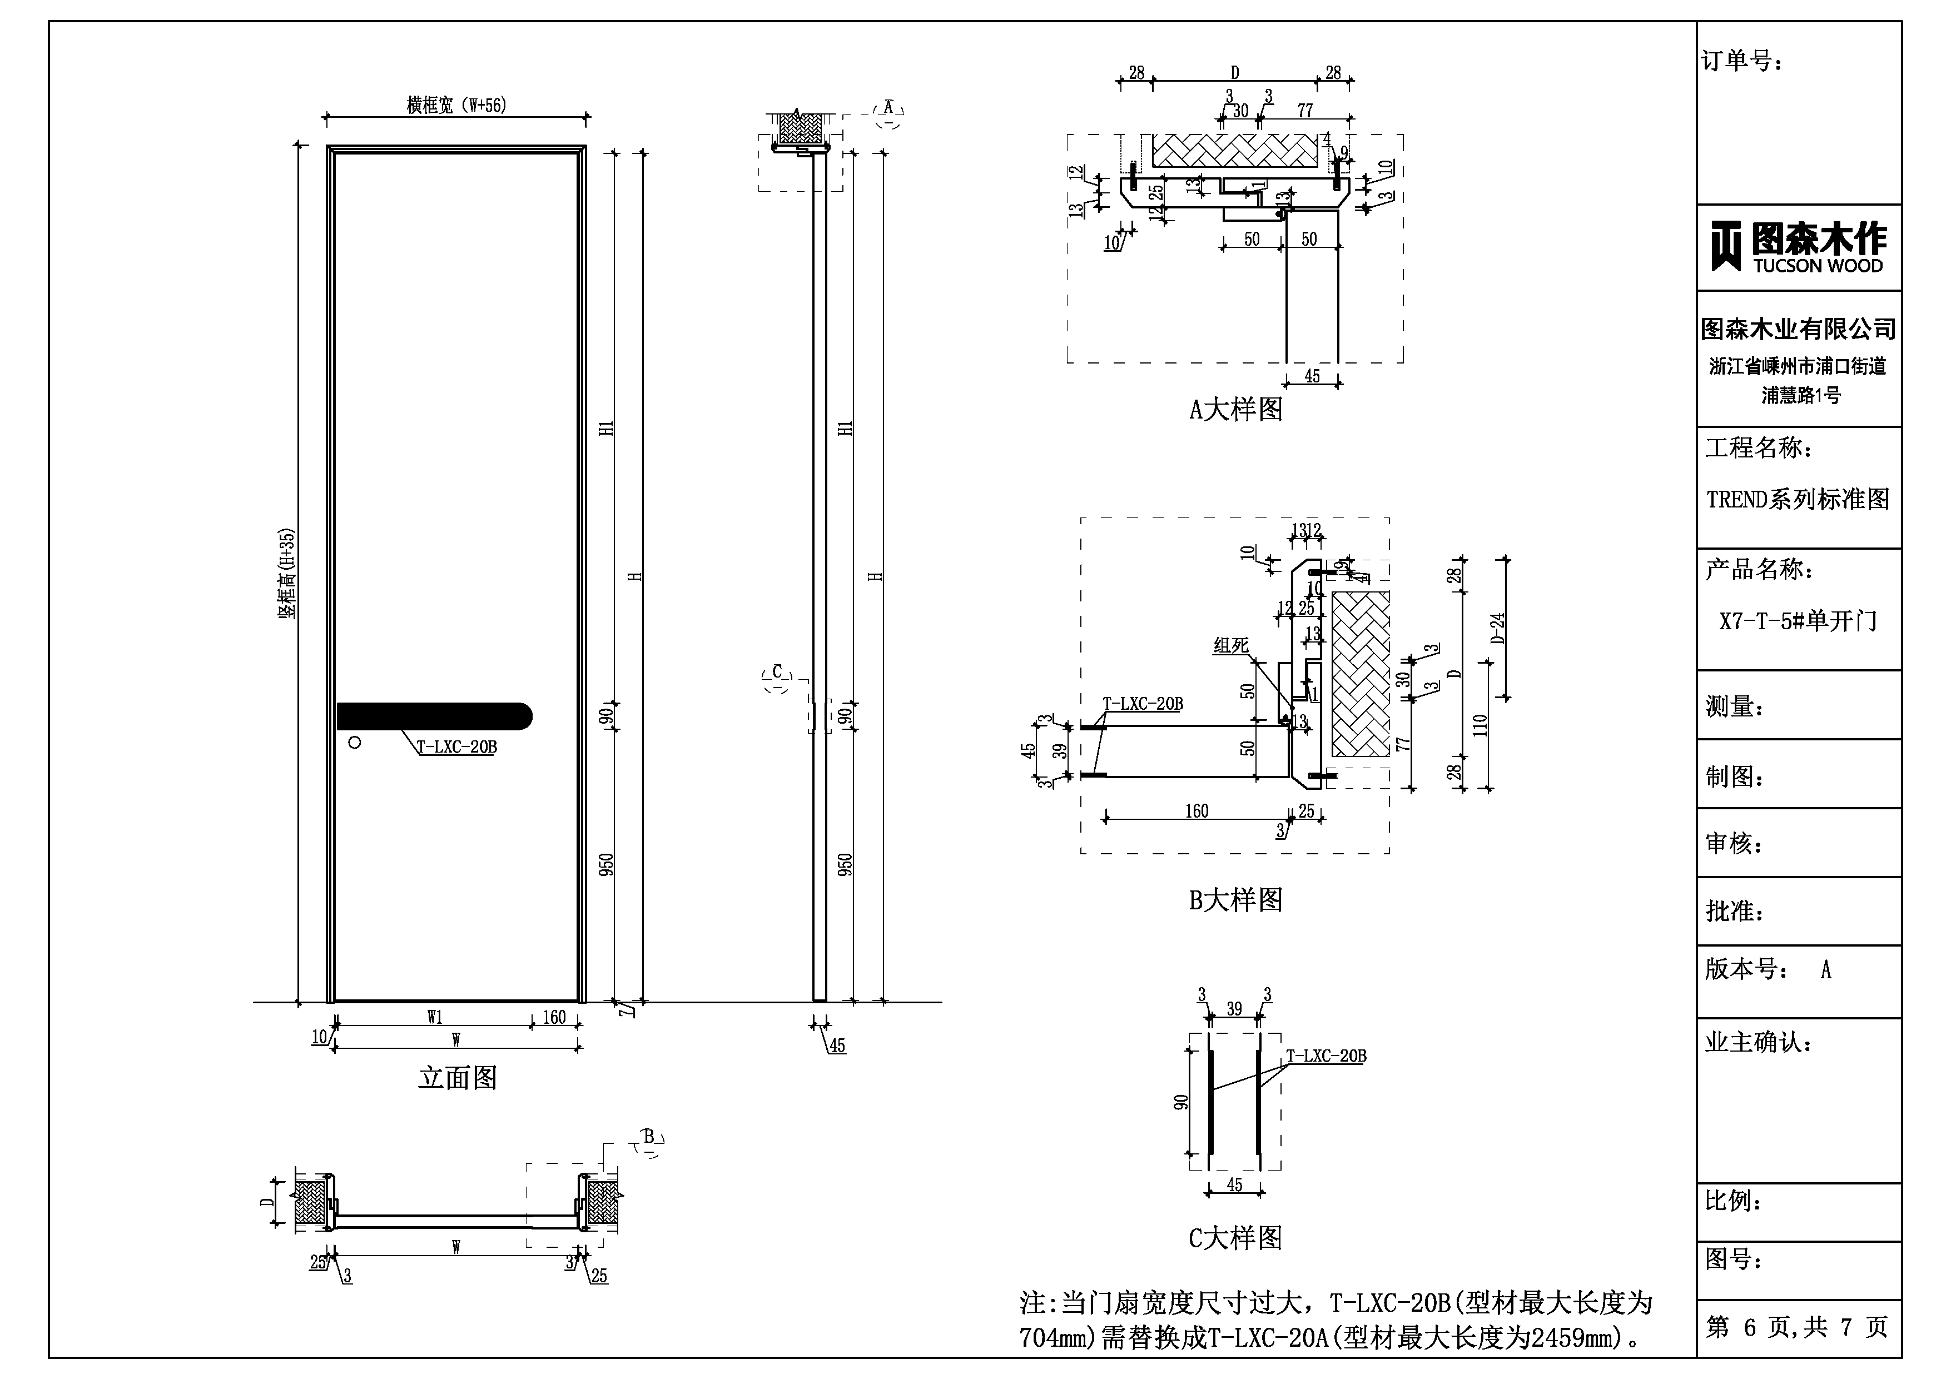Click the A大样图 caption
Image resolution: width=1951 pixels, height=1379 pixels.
pos(1235,410)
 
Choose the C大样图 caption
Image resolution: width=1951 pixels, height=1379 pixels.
pos(1235,1238)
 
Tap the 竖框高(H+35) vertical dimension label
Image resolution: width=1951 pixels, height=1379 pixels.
pos(287,574)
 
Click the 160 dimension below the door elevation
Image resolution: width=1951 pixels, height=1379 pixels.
pos(554,1017)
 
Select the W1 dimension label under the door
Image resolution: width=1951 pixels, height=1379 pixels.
pos(434,1017)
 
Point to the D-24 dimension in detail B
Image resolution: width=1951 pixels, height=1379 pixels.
pos(1497,629)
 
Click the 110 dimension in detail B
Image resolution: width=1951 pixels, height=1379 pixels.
pos(1480,725)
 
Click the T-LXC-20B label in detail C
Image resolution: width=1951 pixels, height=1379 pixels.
pos(1326,1056)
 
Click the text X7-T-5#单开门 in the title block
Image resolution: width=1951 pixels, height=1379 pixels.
pos(1798,621)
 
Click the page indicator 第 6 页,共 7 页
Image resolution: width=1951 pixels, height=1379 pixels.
pos(1798,1327)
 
